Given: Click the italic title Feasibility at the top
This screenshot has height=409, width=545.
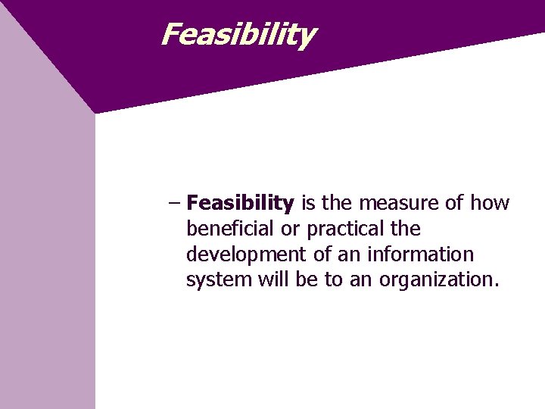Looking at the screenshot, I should pos(238,34).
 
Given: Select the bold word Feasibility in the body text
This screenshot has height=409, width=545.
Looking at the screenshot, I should pos(240,203).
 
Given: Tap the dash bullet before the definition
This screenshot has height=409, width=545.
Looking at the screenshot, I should pos(174,203).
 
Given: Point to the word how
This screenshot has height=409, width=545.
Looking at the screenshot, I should pos(490,203).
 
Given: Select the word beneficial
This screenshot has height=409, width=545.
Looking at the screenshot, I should pos(233,229).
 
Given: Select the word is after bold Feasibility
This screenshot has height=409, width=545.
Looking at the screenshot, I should pos(308,203).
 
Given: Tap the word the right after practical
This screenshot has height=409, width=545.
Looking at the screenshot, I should pos(406,229).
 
